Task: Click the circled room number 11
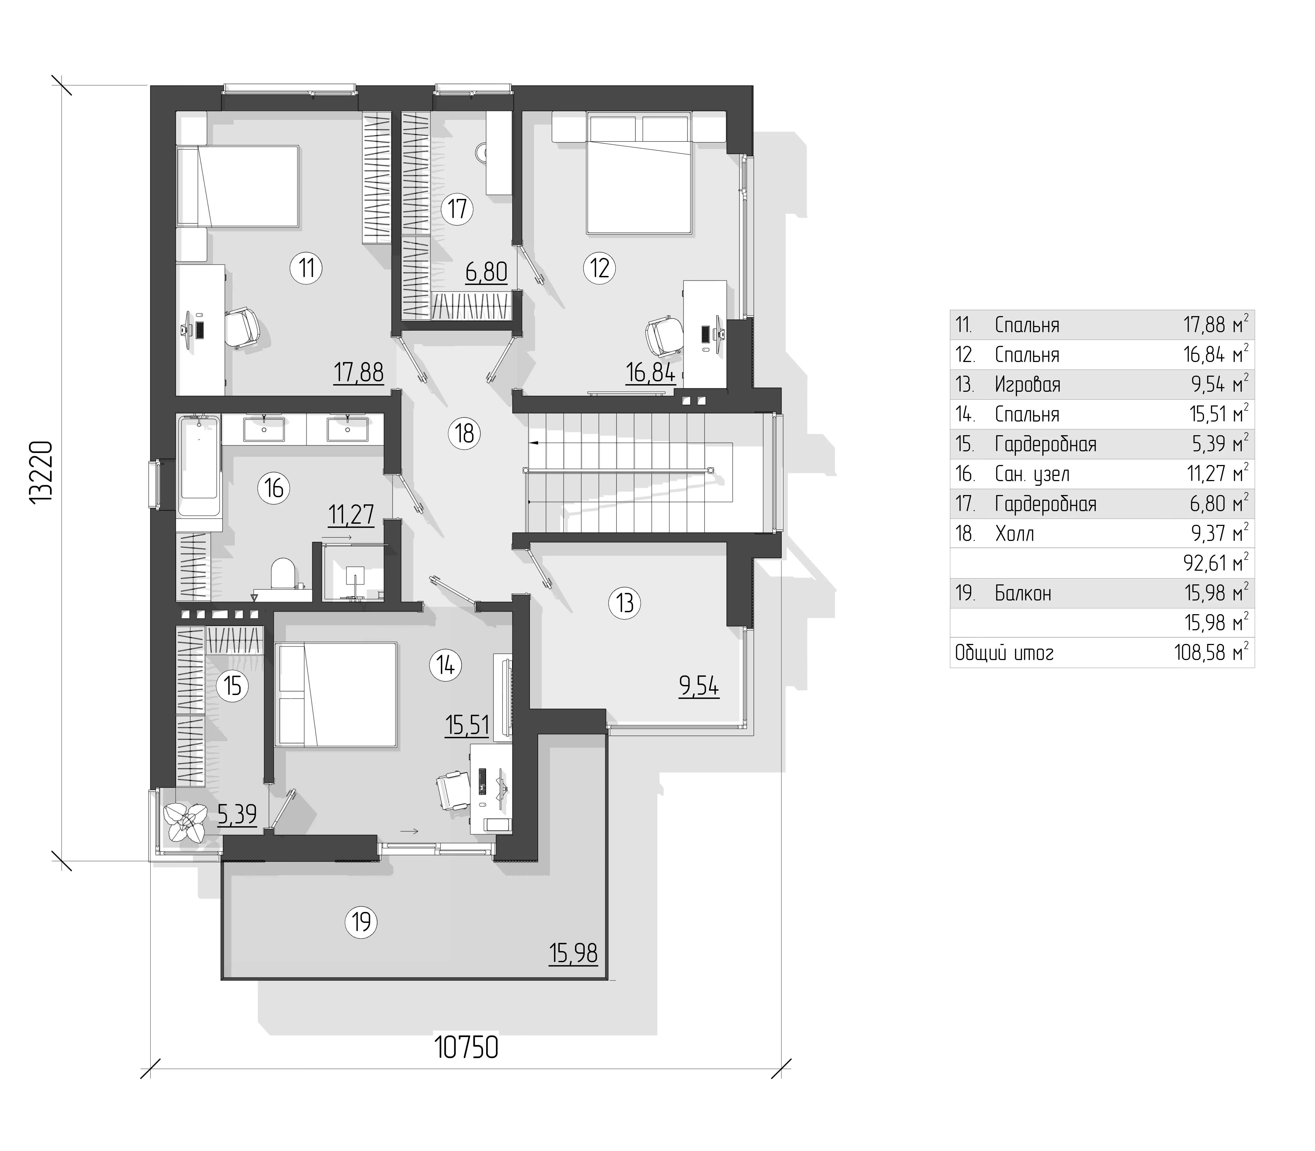[306, 267]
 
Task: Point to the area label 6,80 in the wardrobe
[486, 272]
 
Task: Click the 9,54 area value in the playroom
[699, 687]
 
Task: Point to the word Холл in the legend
[1014, 534]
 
